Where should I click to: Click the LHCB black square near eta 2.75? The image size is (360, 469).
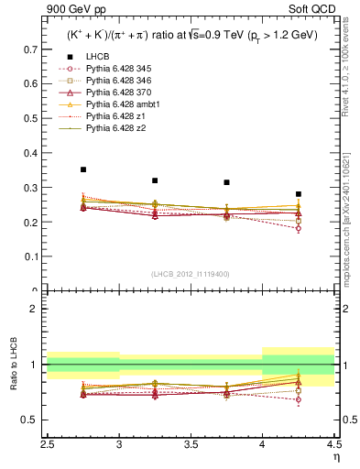pos(83,169)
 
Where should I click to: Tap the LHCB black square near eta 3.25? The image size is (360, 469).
pos(155,180)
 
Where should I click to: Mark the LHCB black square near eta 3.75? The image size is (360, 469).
pos(226,182)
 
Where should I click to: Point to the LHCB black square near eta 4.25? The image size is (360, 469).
pos(299,194)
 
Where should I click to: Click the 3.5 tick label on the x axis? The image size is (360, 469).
pos(191,443)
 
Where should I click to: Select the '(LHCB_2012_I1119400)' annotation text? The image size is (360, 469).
pos(191,273)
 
